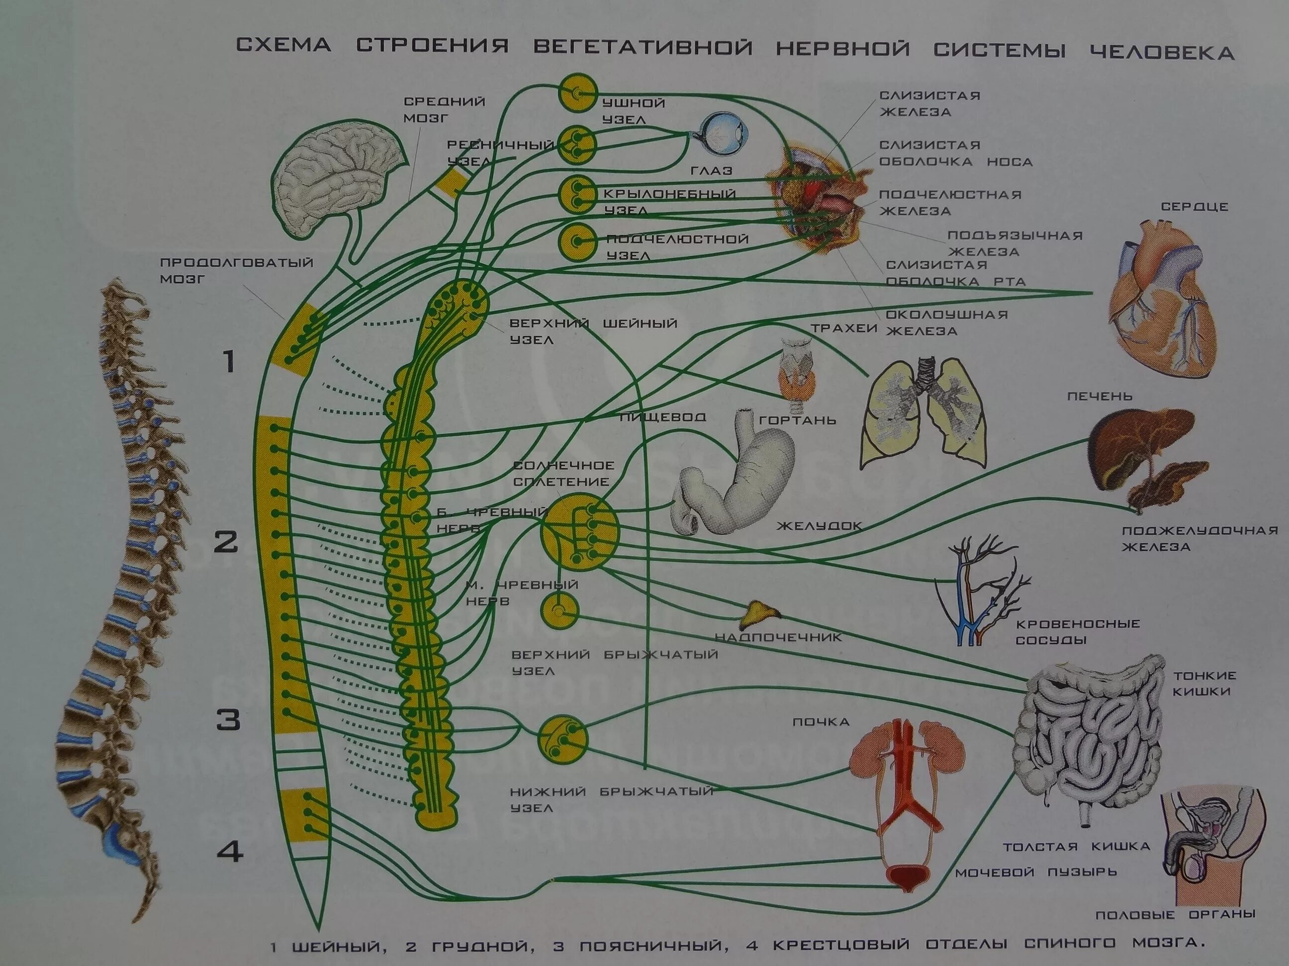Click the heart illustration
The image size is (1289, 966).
(1160, 297)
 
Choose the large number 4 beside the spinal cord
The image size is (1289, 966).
(230, 853)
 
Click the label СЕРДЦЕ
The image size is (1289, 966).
(1194, 207)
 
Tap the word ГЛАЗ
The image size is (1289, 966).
(711, 170)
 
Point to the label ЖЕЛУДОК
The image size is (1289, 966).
(819, 526)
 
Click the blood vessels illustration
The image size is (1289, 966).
(979, 594)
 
